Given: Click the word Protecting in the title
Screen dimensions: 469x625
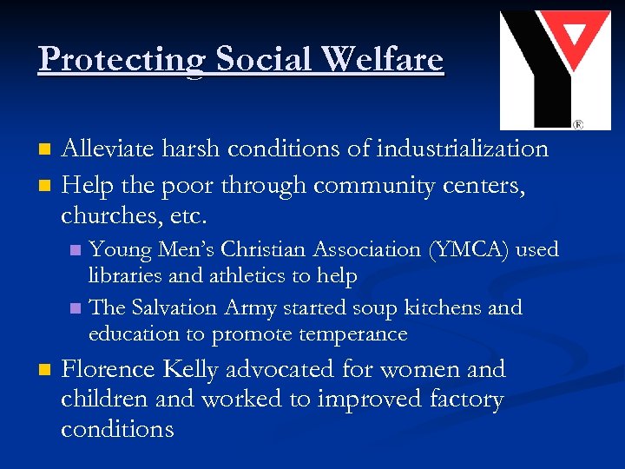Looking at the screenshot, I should click(x=122, y=59).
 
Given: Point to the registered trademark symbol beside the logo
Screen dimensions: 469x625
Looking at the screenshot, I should click(x=578, y=124).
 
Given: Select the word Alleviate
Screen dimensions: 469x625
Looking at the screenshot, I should click(x=111, y=149).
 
